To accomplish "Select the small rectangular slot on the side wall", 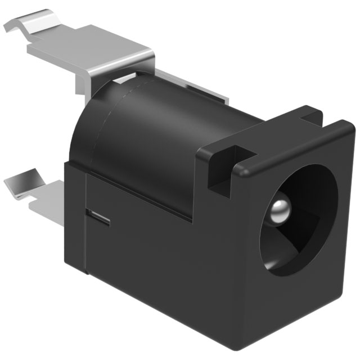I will (x=97, y=216).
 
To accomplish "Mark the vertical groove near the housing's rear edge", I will (x=84, y=225).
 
